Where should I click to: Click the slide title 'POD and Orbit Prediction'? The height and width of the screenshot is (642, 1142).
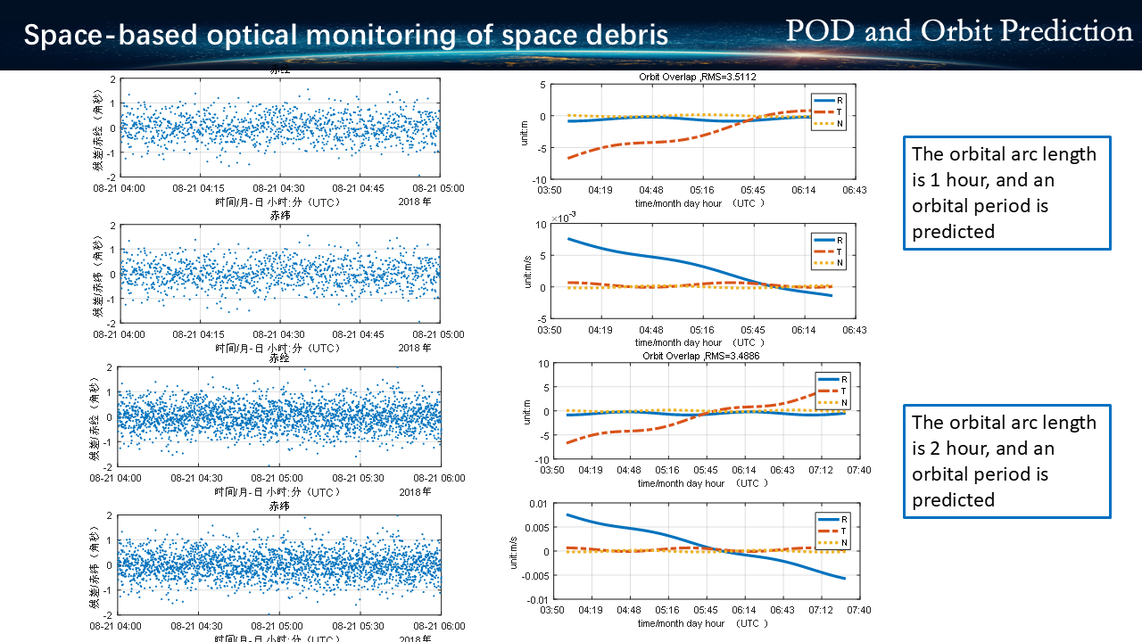(x=958, y=31)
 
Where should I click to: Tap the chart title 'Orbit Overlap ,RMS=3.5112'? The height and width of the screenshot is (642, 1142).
(x=698, y=77)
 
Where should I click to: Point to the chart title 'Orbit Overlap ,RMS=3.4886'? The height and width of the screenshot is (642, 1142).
(x=700, y=356)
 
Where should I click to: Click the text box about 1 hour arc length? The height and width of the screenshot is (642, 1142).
(x=1006, y=193)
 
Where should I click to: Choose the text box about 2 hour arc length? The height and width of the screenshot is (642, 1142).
(x=1006, y=461)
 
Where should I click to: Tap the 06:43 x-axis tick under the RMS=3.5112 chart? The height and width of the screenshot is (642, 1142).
(x=855, y=190)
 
